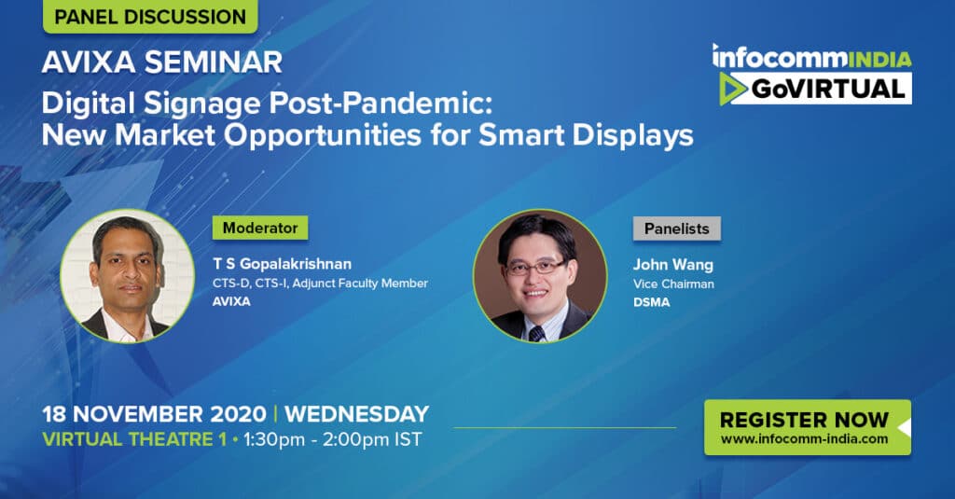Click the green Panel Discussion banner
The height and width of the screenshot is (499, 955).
coord(150,17)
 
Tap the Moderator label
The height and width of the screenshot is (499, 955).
coord(260,228)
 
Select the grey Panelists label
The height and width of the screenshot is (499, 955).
coord(677,229)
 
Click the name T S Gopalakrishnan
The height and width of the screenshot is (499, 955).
coord(282,264)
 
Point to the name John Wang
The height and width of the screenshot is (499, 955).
coord(673,265)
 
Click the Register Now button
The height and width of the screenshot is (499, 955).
coord(808,427)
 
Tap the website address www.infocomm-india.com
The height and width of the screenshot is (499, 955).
coord(804,438)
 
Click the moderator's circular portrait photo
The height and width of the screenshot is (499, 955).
coord(127,276)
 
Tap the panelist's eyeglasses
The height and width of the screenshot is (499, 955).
coord(536,266)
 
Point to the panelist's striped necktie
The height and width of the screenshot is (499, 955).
coord(536,333)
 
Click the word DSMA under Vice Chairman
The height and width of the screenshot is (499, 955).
coord(651,302)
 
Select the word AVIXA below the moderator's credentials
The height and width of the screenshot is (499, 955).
coord(231,301)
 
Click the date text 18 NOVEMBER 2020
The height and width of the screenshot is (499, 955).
coord(154,414)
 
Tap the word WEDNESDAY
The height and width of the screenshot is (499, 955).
coord(357,414)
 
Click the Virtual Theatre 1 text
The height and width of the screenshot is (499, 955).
coord(134,439)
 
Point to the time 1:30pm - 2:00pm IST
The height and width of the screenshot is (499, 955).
coord(333,439)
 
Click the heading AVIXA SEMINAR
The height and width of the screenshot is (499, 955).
coord(162,62)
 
